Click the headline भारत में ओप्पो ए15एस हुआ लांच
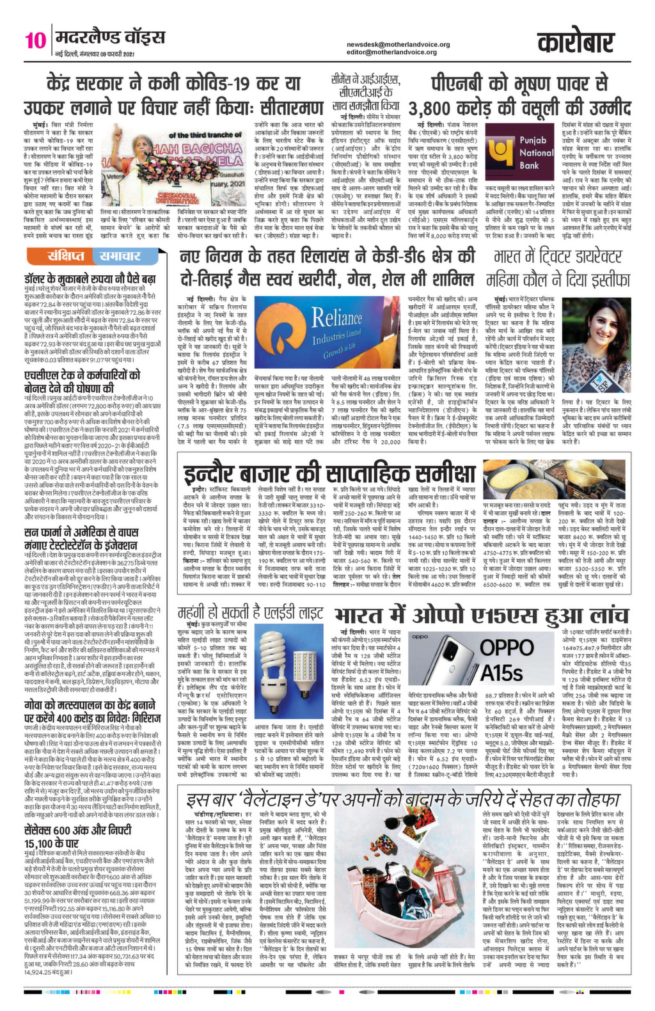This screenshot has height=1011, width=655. [x=482, y=366]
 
